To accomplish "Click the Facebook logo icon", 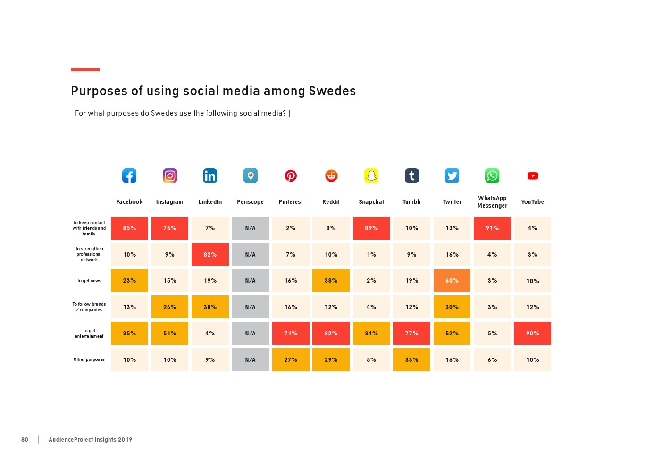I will point(129,175).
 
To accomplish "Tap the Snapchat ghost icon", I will point(371,175).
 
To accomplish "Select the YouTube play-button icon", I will point(533,175).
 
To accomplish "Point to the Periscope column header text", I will point(250,202).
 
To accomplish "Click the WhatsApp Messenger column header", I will point(492,202).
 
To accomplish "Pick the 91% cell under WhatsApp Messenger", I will point(492,228).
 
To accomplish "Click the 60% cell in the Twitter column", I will point(452,281).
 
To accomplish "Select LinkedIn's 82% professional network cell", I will point(210,255).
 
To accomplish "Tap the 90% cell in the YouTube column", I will point(533,334).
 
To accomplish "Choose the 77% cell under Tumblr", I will point(411,334).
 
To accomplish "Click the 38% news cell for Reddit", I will point(331,281).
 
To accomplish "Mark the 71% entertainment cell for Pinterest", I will point(291,334).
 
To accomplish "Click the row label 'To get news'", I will point(89,281).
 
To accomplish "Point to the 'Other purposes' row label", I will point(89,359).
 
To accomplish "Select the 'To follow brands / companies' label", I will point(89,307).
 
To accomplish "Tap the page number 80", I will point(25,440).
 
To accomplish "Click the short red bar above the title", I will point(85,70).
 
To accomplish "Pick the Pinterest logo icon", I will point(291,175).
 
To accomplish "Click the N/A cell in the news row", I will point(250,281).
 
